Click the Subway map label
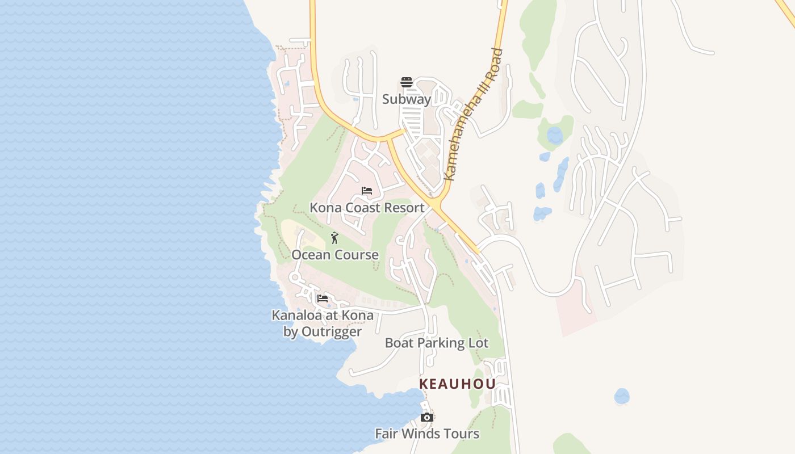click(x=407, y=99)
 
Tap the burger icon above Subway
click(x=406, y=83)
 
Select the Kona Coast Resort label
click(x=367, y=208)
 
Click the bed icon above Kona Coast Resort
click(x=367, y=191)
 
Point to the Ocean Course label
click(x=335, y=255)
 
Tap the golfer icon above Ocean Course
click(x=334, y=238)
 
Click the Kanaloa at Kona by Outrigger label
click(x=323, y=323)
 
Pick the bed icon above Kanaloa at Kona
click(x=323, y=299)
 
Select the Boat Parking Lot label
click(x=437, y=343)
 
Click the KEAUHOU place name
click(x=457, y=384)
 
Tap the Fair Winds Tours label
click(x=427, y=434)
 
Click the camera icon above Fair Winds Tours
click(x=427, y=418)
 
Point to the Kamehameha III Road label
click(x=474, y=115)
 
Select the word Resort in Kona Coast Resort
click(x=404, y=208)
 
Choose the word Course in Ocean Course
click(x=357, y=255)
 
